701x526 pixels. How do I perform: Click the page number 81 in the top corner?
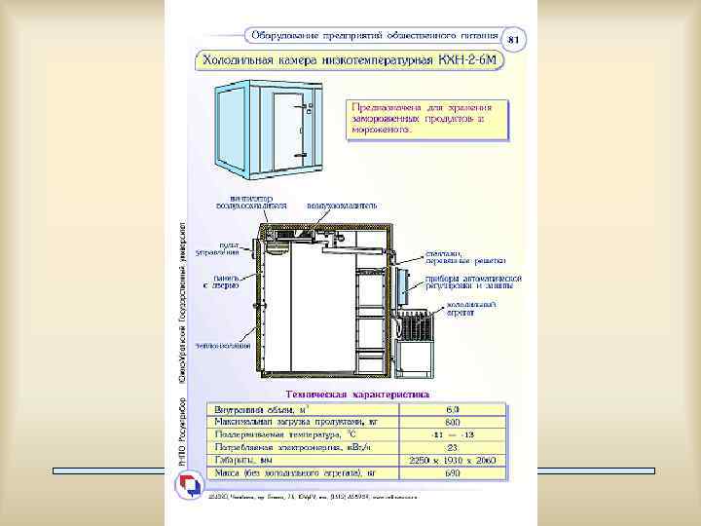coord(515,39)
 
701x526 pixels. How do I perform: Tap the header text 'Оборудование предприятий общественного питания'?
coord(374,36)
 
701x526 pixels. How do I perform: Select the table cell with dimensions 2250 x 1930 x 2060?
coord(454,458)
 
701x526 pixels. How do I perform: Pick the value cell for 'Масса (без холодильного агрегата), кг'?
coord(454,472)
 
